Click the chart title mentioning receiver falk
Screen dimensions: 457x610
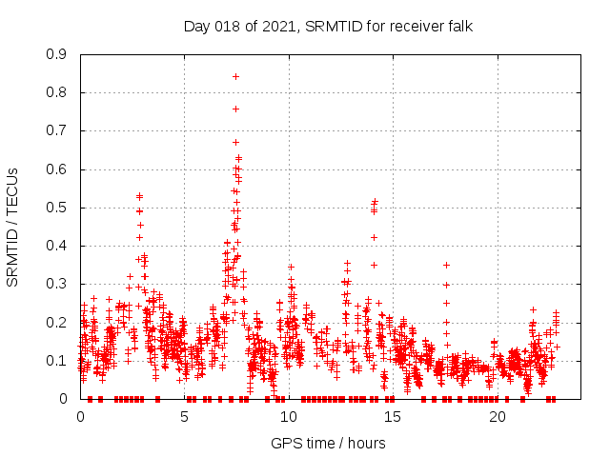328,26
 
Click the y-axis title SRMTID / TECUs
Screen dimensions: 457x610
12,227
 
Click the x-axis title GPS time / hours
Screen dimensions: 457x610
328,443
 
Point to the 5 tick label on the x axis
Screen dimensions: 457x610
185,417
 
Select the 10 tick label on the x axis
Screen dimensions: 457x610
289,417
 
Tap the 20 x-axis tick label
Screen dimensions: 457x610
498,417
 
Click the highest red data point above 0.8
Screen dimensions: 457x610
235,76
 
